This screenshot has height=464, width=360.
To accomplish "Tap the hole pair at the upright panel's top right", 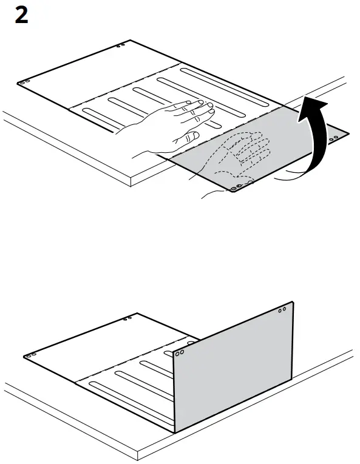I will point(282,310).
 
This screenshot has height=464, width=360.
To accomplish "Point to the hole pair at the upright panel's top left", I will point(180,352).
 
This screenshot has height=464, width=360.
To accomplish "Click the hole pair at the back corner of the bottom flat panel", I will point(126,318).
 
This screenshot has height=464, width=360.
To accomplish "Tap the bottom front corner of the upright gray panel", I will point(175,432).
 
